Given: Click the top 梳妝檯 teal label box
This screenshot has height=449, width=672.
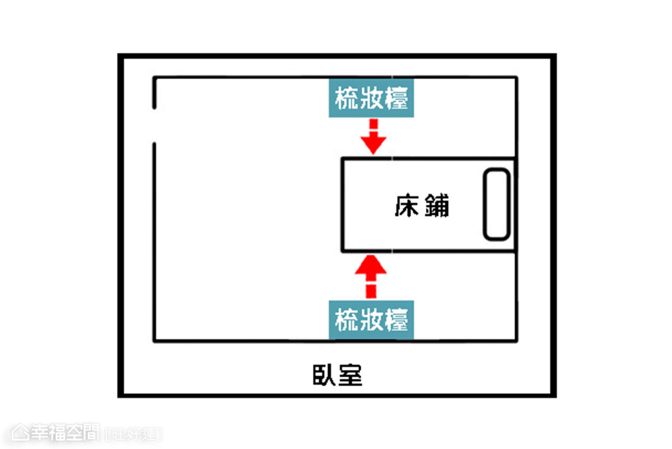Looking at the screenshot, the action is [371, 98].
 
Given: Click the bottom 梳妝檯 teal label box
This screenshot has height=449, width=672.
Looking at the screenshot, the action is [371, 320].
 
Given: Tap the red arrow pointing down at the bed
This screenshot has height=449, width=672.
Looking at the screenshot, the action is [373, 137].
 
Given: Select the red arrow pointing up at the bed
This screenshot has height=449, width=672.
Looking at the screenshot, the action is [371, 276].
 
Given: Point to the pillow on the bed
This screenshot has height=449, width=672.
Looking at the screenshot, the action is [497, 204].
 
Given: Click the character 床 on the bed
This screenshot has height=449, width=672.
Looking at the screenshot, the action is [407, 205].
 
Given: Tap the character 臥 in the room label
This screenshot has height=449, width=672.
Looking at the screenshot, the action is [324, 375].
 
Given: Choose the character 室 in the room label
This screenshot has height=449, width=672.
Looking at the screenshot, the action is [350, 375].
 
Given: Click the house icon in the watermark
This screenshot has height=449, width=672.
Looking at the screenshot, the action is [20, 433].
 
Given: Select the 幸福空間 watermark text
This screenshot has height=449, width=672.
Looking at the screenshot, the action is [65, 433].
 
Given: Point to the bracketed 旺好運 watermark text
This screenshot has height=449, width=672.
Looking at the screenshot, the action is [134, 434].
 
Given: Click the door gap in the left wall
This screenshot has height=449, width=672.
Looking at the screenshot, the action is [154, 126].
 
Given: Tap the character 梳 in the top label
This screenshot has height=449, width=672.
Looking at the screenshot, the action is [347, 98].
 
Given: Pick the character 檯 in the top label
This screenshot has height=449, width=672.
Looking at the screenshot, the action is [396, 98].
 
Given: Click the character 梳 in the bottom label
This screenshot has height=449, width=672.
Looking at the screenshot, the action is [347, 320].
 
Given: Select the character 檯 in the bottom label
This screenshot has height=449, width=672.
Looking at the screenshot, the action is [396, 320].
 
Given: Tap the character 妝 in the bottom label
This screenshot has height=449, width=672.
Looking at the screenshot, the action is [371, 320].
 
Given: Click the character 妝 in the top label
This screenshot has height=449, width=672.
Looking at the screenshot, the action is [371, 98].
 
